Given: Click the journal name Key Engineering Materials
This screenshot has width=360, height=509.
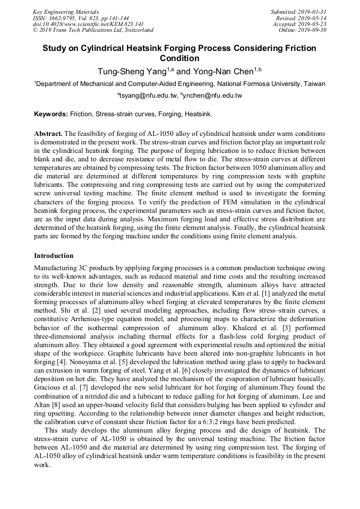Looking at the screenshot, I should click(66, 12).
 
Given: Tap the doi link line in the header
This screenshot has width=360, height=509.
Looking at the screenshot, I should click(88, 24).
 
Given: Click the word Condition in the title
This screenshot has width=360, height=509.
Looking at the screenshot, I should click(179, 58).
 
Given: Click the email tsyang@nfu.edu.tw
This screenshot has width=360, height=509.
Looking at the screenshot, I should click(147, 96).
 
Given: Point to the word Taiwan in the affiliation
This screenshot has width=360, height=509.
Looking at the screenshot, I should click(315, 84).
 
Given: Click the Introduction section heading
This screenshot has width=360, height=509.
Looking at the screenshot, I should click(54, 256).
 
